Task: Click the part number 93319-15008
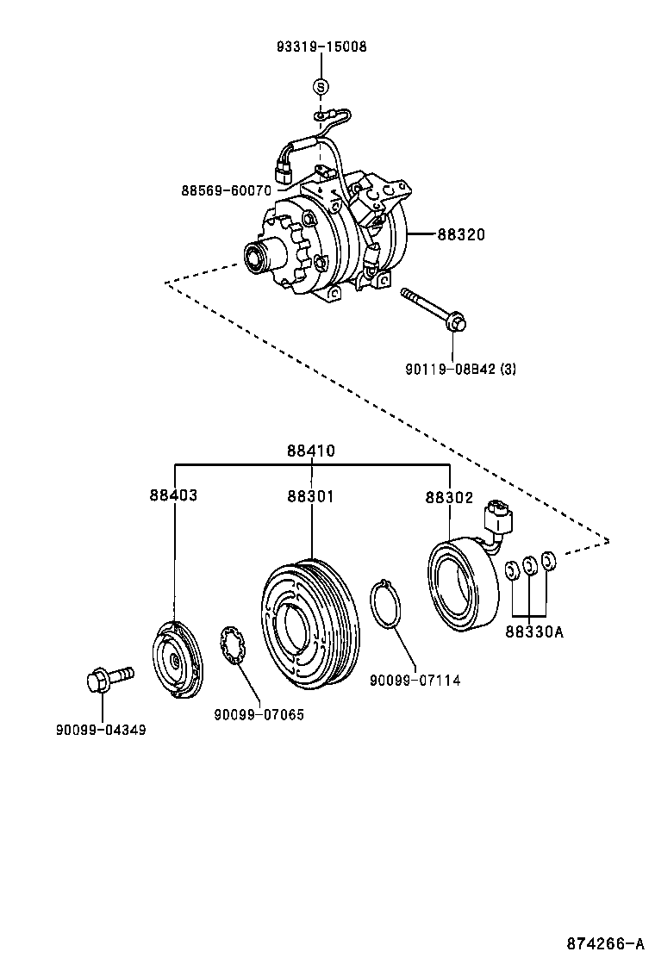coord(321,47)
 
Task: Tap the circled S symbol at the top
coord(320,86)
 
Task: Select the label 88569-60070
coord(226,190)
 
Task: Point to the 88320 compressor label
coord(460,233)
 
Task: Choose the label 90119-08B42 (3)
coord(460,369)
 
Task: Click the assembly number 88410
coord(311,451)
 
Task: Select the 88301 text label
coord(311,496)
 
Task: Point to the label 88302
coord(449,496)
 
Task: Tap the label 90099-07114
coord(415,681)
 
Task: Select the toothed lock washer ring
coord(233,647)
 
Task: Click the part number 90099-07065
coord(259,714)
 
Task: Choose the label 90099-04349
coord(102,730)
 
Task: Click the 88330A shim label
coord(533,631)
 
